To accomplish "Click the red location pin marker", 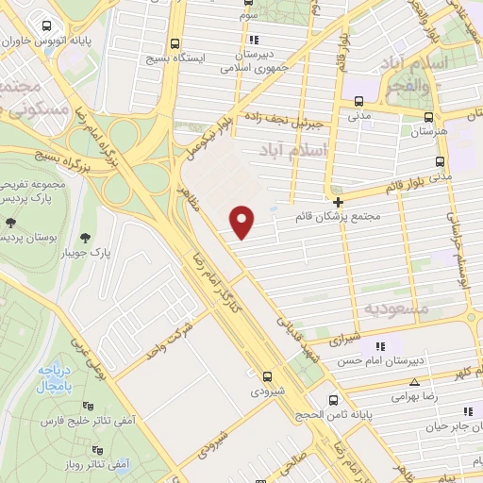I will click(242, 221).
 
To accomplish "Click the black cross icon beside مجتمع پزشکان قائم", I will click(338, 202).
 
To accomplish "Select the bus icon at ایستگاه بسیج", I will click(175, 43).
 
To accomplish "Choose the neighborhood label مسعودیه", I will click(396, 308).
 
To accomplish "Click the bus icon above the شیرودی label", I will click(269, 374).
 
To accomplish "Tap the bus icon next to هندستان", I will click(429, 119).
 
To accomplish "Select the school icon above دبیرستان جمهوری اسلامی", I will click(254, 40).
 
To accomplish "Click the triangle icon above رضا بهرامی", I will click(414, 382).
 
